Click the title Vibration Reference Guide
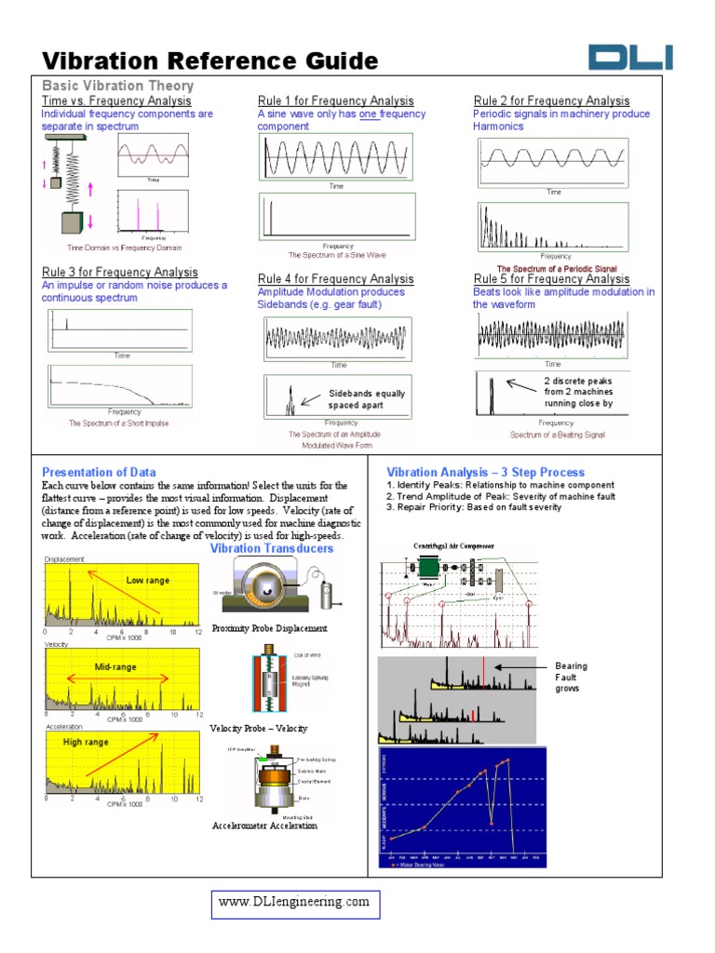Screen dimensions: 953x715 210,61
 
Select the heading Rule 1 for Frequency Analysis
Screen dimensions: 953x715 335,101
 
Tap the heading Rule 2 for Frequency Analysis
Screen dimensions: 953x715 551,101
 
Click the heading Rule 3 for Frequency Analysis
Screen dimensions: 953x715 119,273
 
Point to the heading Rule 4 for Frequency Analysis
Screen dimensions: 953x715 335,279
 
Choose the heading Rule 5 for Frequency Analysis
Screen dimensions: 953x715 551,279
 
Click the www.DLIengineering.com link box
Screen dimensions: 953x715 294,903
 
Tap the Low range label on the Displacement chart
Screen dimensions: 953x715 148,581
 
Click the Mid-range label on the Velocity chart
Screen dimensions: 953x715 115,667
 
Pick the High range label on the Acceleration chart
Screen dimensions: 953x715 86,743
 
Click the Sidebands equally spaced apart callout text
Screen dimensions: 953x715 366,399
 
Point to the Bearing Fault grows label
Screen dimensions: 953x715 571,678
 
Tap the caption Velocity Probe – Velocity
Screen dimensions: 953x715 258,728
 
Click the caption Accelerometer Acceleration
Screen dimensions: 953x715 264,825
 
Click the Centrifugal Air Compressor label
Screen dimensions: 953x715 453,545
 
